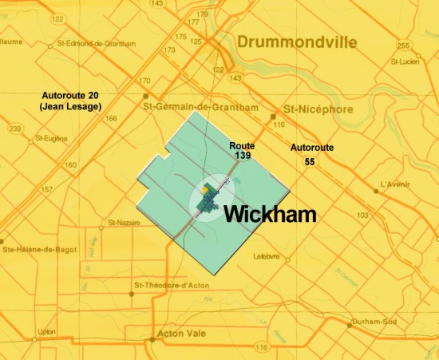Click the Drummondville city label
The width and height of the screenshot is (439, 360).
point(296,43)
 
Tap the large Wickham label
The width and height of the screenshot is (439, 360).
point(269,214)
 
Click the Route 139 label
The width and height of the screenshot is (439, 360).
point(241,152)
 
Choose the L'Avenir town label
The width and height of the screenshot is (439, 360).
point(396,184)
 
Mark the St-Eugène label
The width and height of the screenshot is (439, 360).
point(50,137)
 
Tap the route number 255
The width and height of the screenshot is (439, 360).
point(403,45)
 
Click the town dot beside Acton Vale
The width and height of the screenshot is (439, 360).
point(152,338)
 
